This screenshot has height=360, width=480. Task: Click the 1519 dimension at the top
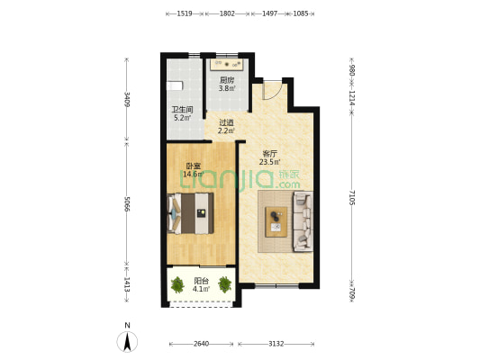[185, 13]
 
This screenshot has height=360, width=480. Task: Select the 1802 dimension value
[227, 13]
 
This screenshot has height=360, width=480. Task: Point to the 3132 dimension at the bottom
[276, 344]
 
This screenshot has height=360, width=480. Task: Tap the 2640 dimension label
[201, 344]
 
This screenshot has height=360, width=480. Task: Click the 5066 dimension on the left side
[127, 203]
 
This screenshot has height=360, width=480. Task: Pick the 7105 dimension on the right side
[352, 198]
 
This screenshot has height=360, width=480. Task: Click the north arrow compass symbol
[127, 341]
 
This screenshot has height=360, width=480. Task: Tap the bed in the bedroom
[190, 213]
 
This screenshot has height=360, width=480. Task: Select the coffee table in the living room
[276, 222]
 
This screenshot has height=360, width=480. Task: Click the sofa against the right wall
[303, 221]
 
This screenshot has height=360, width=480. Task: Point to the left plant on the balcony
[177, 284]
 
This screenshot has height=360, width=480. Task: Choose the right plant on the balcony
[225, 284]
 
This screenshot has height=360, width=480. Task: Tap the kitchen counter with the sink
[227, 65]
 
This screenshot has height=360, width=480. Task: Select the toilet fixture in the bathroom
[175, 85]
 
